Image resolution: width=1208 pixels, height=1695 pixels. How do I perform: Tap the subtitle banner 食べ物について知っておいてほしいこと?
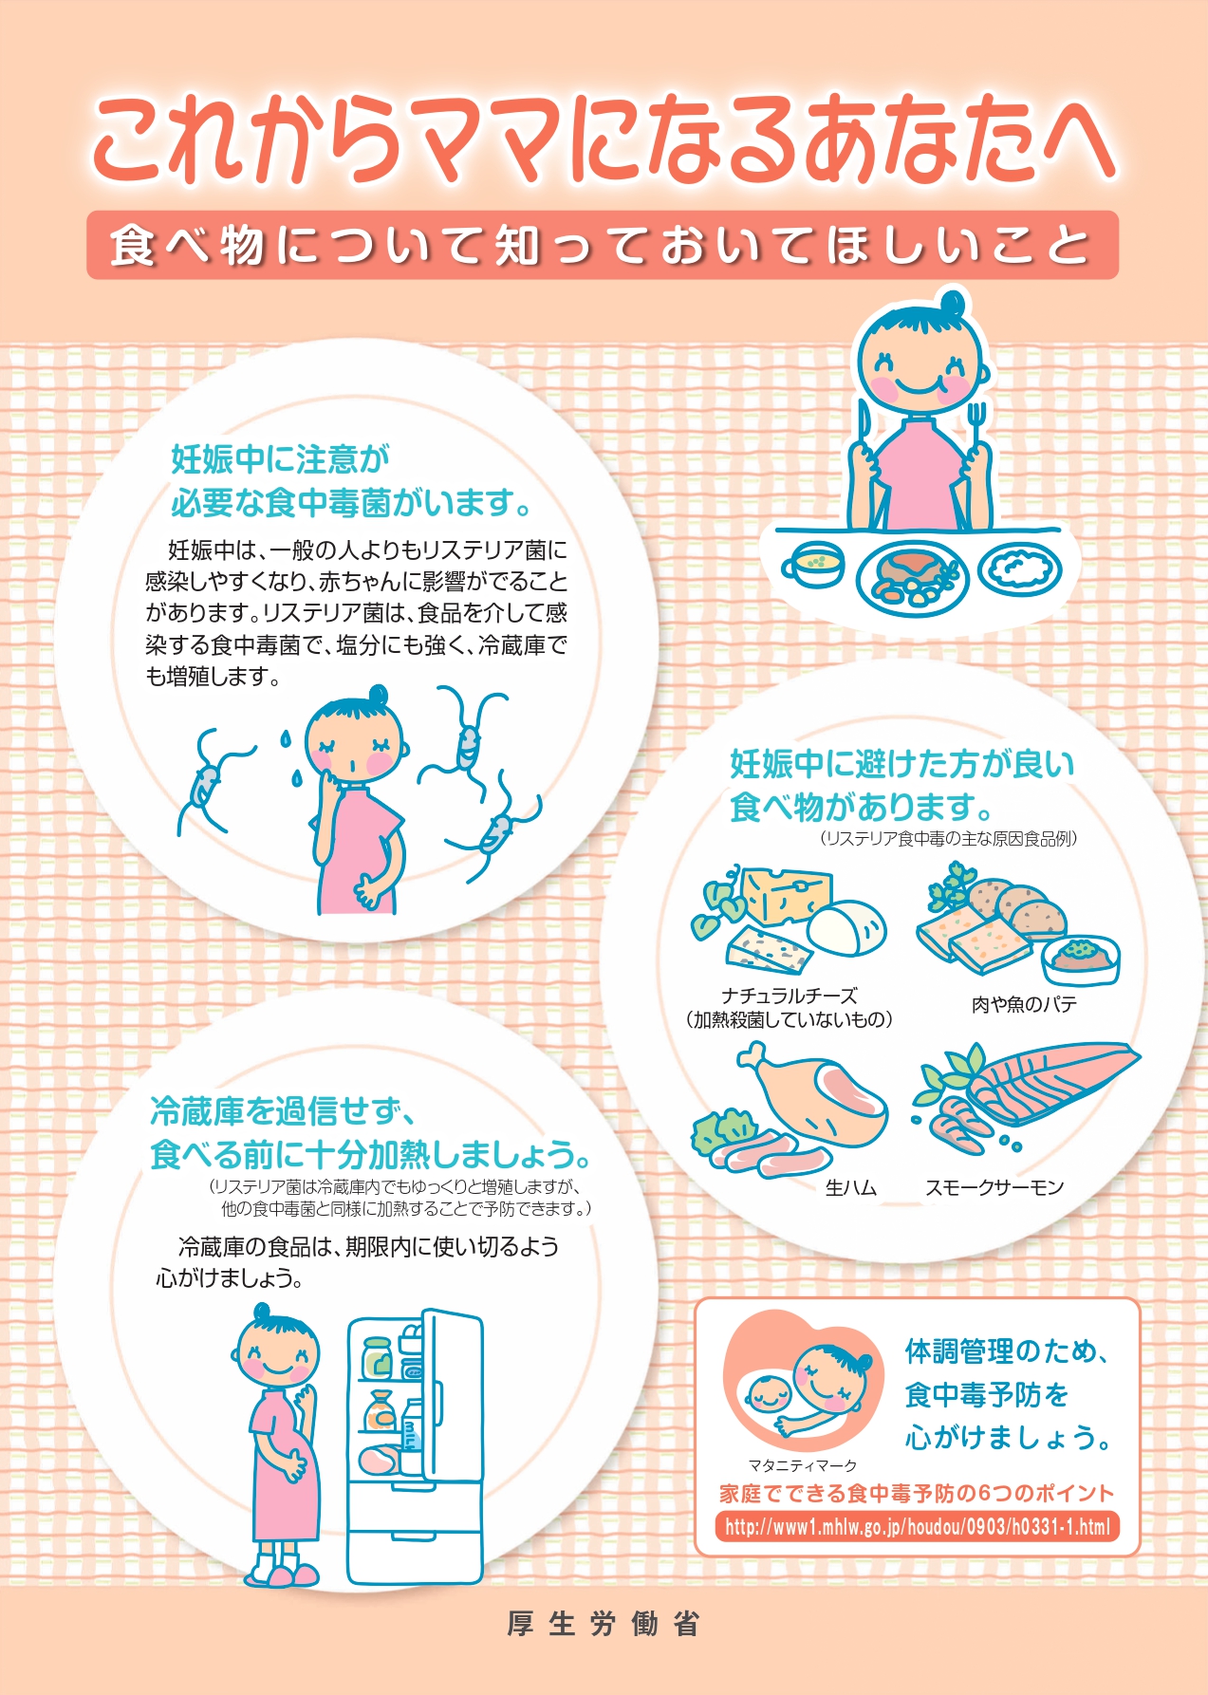[603, 245]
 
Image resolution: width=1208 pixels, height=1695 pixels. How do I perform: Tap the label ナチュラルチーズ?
[790, 996]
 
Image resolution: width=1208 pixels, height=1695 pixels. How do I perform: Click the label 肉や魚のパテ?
[1025, 1004]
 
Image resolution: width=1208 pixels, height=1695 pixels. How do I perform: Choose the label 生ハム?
[850, 1187]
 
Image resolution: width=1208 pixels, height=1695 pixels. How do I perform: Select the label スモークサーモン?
[994, 1187]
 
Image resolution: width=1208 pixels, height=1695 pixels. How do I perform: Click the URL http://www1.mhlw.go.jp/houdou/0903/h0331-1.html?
[917, 1527]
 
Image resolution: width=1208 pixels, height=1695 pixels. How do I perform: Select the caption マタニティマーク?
[803, 1465]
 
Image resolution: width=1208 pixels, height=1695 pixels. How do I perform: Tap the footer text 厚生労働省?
[604, 1624]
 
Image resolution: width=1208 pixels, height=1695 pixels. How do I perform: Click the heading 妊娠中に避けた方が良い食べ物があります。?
[901, 785]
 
